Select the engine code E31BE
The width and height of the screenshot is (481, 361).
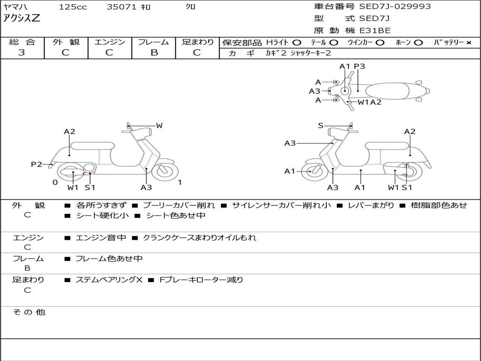coord(375,31)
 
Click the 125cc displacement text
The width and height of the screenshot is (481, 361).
coord(72,7)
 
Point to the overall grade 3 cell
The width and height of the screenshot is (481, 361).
coord(22,53)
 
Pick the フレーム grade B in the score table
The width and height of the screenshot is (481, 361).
coord(154,53)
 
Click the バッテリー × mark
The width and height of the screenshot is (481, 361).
coord(468,43)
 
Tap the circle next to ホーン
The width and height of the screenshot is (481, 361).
coord(418,43)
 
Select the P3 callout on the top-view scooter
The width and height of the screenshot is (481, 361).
coord(359,66)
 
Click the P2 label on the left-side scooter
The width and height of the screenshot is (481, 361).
coord(37,164)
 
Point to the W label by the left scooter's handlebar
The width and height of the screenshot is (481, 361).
coord(159,126)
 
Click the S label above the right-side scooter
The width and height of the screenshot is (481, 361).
coord(320,126)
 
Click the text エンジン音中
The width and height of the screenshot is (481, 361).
coord(101,238)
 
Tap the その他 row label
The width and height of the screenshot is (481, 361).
coord(29,312)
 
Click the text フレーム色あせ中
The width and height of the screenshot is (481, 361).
coord(109,259)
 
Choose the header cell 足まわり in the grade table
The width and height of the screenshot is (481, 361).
coord(197,42)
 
